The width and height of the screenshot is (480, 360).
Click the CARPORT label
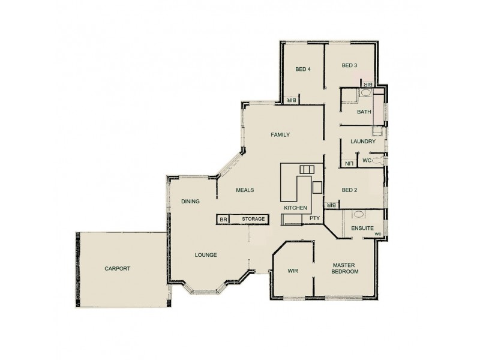click(117, 269)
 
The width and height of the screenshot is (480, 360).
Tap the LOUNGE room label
click(206, 255)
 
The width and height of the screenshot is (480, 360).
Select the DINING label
click(190, 202)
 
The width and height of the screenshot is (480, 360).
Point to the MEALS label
click(245, 190)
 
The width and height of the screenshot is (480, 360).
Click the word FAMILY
click(280, 134)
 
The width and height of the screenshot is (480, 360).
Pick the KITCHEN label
click(296, 208)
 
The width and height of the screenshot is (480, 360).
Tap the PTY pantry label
click(314, 219)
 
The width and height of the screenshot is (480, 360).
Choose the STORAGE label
click(253, 220)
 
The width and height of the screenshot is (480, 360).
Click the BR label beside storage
click(223, 220)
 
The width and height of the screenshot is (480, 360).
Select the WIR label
click(293, 271)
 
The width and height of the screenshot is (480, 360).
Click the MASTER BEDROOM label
click(345, 268)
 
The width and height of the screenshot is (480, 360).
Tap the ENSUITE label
click(363, 229)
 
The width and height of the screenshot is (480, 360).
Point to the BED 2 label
click(350, 190)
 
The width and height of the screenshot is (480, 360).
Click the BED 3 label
click(350, 65)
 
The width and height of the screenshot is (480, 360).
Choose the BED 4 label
click(303, 69)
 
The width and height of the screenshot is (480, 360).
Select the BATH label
click(364, 112)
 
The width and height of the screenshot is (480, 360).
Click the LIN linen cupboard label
click(348, 162)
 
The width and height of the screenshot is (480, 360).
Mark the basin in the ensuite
click(358, 214)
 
